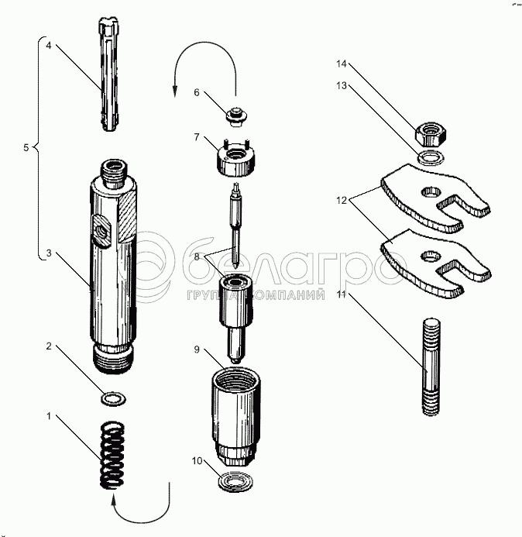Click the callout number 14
pos(340,65)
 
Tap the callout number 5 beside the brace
pos(25,146)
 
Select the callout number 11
pos(341,295)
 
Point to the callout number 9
pos(197,350)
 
